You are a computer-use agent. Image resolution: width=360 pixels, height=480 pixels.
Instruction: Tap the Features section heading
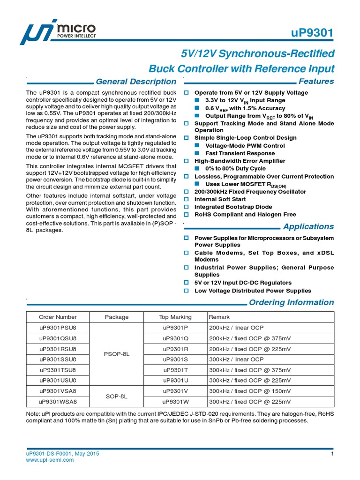[316, 82]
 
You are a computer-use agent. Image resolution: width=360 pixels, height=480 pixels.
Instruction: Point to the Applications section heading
[308, 227]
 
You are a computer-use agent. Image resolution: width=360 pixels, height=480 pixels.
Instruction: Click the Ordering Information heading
[291, 303]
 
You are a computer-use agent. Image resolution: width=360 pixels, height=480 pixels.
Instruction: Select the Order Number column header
[58, 317]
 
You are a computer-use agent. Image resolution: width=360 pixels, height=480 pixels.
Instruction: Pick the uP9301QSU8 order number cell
[58, 338]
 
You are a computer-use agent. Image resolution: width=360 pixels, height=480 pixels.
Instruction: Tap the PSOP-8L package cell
[116, 354]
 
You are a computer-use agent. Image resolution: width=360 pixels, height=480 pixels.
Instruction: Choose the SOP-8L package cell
[116, 396]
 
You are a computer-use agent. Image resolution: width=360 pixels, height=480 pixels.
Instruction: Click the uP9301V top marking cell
[175, 391]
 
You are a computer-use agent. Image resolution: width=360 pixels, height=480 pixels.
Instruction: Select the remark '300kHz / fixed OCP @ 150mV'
[249, 391]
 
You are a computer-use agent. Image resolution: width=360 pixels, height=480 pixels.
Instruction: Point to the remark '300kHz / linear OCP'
[236, 360]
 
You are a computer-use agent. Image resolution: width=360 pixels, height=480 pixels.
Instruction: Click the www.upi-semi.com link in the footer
[50, 460]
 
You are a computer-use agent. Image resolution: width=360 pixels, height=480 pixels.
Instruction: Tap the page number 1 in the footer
[332, 454]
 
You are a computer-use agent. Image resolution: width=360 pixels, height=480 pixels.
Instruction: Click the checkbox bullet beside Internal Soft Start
[186, 199]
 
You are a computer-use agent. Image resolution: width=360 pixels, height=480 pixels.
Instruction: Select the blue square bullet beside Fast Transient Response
[197, 153]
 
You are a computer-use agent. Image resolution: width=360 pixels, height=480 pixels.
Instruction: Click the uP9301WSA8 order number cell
[58, 402]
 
